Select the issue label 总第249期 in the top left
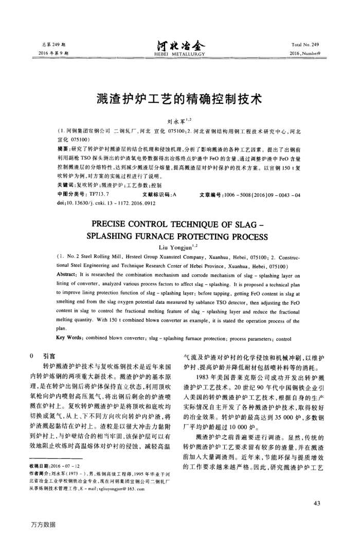[x=53, y=45]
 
